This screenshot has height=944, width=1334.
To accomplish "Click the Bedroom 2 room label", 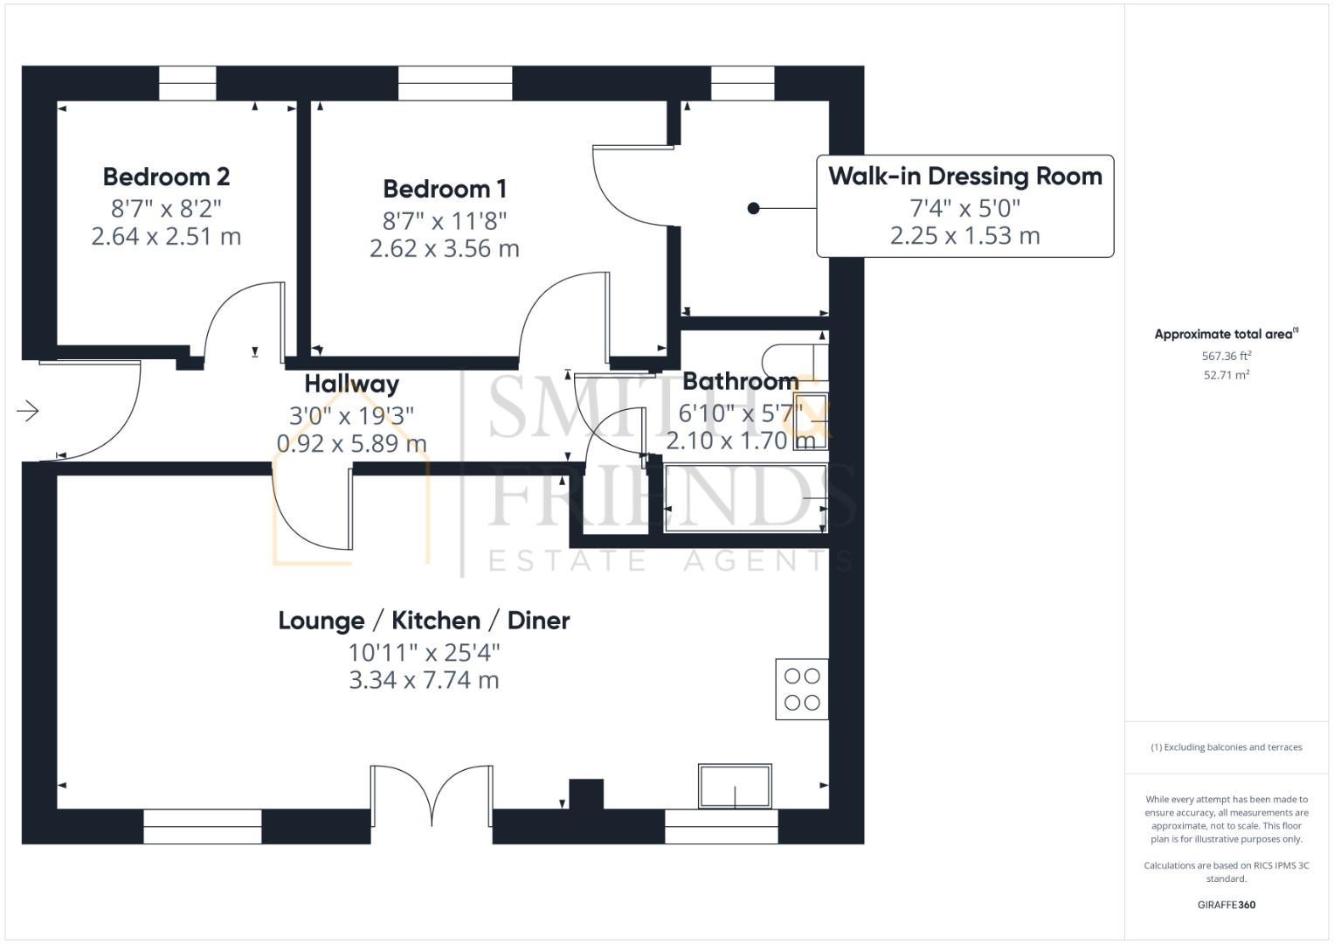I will point(166,177).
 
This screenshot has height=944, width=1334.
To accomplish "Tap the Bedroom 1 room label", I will point(445,189).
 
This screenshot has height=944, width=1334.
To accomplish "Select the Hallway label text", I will point(351,384).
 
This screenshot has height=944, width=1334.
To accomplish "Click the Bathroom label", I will point(740,381).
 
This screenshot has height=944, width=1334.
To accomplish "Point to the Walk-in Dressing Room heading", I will point(964,176).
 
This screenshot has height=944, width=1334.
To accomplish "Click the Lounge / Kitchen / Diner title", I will point(424,621).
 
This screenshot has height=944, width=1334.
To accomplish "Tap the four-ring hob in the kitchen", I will point(801,689).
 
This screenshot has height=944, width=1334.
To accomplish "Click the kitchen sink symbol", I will point(735,786).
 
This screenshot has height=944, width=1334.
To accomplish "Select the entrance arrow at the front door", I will point(28,410).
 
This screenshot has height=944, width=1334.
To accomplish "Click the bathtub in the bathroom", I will point(744,498).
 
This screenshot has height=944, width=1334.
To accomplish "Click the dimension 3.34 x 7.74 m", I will point(424,680).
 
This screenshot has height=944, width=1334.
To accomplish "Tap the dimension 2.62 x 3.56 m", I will point(445,249).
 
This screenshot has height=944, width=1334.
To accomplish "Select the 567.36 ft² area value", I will point(1226,356).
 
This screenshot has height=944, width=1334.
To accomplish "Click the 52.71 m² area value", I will point(1226,375).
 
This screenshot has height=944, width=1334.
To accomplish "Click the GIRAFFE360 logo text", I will point(1226,905).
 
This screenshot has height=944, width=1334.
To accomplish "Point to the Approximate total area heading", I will point(1226,334).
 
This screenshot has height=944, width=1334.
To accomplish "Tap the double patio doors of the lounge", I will point(432,795).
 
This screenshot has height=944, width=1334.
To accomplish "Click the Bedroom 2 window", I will point(187,84).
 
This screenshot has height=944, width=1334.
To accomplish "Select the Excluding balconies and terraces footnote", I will point(1226,747).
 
